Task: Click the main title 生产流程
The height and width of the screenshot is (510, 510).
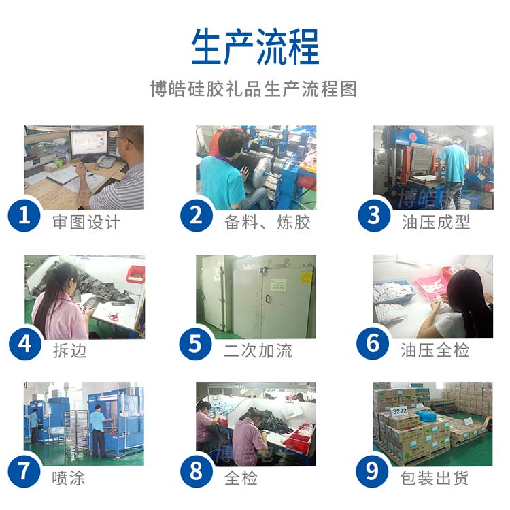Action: point(255,46)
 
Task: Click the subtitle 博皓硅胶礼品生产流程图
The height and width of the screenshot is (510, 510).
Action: point(254,89)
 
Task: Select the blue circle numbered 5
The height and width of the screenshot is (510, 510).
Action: point(197,343)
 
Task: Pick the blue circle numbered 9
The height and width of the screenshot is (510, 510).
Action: point(373,471)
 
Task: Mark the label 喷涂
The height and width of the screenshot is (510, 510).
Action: point(69,478)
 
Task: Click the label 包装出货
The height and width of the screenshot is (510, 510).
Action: point(435,478)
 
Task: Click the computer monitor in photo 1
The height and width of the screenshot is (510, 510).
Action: point(88,144)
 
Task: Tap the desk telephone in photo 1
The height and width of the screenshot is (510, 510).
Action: point(105,161)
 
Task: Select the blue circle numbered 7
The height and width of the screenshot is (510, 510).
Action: point(25,471)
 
